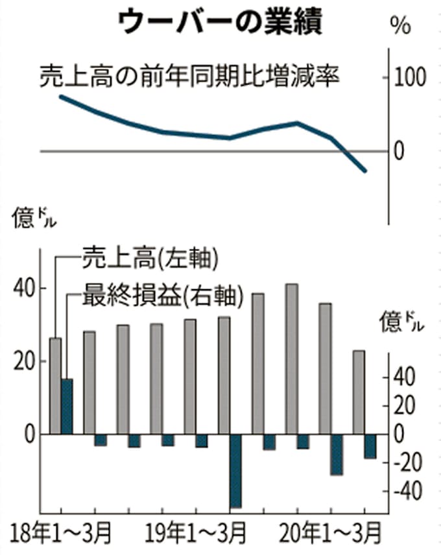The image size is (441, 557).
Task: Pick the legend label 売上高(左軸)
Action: pos(150,259)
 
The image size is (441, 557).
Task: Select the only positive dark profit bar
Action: pos(67,406)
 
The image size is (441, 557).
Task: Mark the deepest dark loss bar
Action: pos(235,470)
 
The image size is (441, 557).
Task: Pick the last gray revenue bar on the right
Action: pos(359,392)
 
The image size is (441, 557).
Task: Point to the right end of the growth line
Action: pos(365,171)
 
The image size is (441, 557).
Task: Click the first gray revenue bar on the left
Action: pos(55,386)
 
